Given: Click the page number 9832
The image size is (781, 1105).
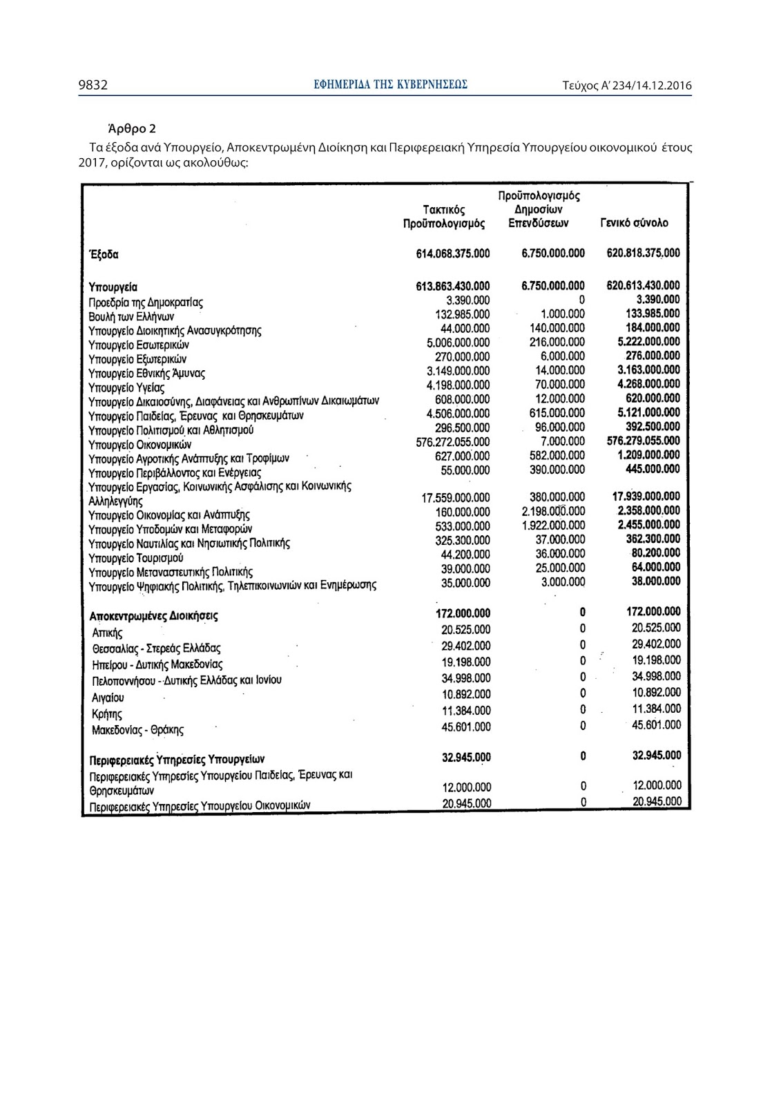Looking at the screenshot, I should (93, 86).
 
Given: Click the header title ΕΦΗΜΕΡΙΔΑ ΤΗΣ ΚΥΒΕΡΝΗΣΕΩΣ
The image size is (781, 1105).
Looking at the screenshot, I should (390, 85).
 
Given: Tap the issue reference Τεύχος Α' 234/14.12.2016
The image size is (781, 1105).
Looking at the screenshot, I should (627, 86).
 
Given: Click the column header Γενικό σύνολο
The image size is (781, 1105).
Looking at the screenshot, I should (634, 223).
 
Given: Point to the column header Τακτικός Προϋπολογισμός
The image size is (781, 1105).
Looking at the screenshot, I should (444, 216).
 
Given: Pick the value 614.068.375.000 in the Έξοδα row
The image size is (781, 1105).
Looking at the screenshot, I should (452, 253).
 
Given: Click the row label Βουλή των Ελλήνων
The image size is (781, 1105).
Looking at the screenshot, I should (131, 316).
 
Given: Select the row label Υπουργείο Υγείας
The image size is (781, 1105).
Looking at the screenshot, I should (126, 387).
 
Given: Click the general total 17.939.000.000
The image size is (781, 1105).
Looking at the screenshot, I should (646, 497).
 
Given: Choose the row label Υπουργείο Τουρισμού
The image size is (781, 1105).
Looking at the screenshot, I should (136, 557).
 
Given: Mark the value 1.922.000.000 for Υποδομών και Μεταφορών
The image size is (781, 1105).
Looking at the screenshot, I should (553, 526).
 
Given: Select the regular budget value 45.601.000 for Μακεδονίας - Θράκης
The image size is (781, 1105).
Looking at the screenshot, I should (466, 727).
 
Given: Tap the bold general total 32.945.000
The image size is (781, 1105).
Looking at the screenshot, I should (656, 756).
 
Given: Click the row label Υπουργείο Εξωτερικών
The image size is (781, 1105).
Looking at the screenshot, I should (137, 359).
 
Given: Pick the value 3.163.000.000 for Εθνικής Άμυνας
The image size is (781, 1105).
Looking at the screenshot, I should (648, 370).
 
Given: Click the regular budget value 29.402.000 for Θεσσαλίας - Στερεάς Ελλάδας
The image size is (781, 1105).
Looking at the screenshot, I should (466, 646).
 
